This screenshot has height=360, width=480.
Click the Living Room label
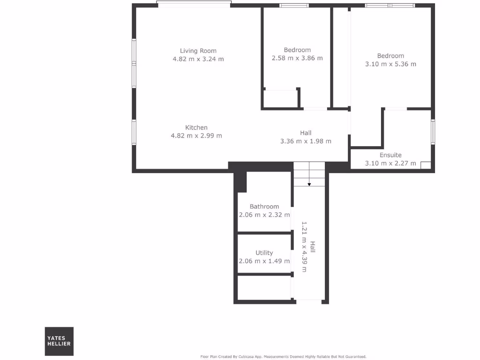tap(198, 51)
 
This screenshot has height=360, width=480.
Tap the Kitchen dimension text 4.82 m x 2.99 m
tap(196, 136)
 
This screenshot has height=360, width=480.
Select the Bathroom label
tap(264, 206)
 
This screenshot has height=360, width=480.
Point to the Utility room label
tap(264, 253)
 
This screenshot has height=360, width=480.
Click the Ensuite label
tap(390, 155)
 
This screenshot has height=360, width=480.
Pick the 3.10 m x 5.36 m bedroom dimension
tap(390, 64)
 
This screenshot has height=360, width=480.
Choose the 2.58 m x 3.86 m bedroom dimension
tap(297, 59)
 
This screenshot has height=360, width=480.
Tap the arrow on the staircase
tap(309, 184)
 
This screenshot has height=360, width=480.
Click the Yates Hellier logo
tap(59, 341)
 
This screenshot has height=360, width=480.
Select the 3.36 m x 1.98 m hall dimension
tap(306, 141)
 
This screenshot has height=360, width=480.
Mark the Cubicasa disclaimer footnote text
tap(283, 357)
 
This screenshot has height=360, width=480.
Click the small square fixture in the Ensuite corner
tap(426, 165)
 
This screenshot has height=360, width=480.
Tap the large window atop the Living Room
tap(194, 4)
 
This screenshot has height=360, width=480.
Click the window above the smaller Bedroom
tap(294, 6)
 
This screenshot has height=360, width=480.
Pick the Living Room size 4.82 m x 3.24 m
tap(198, 59)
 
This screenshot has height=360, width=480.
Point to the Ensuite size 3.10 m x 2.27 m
tap(390, 164)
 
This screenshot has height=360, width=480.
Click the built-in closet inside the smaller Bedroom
tap(281, 99)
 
